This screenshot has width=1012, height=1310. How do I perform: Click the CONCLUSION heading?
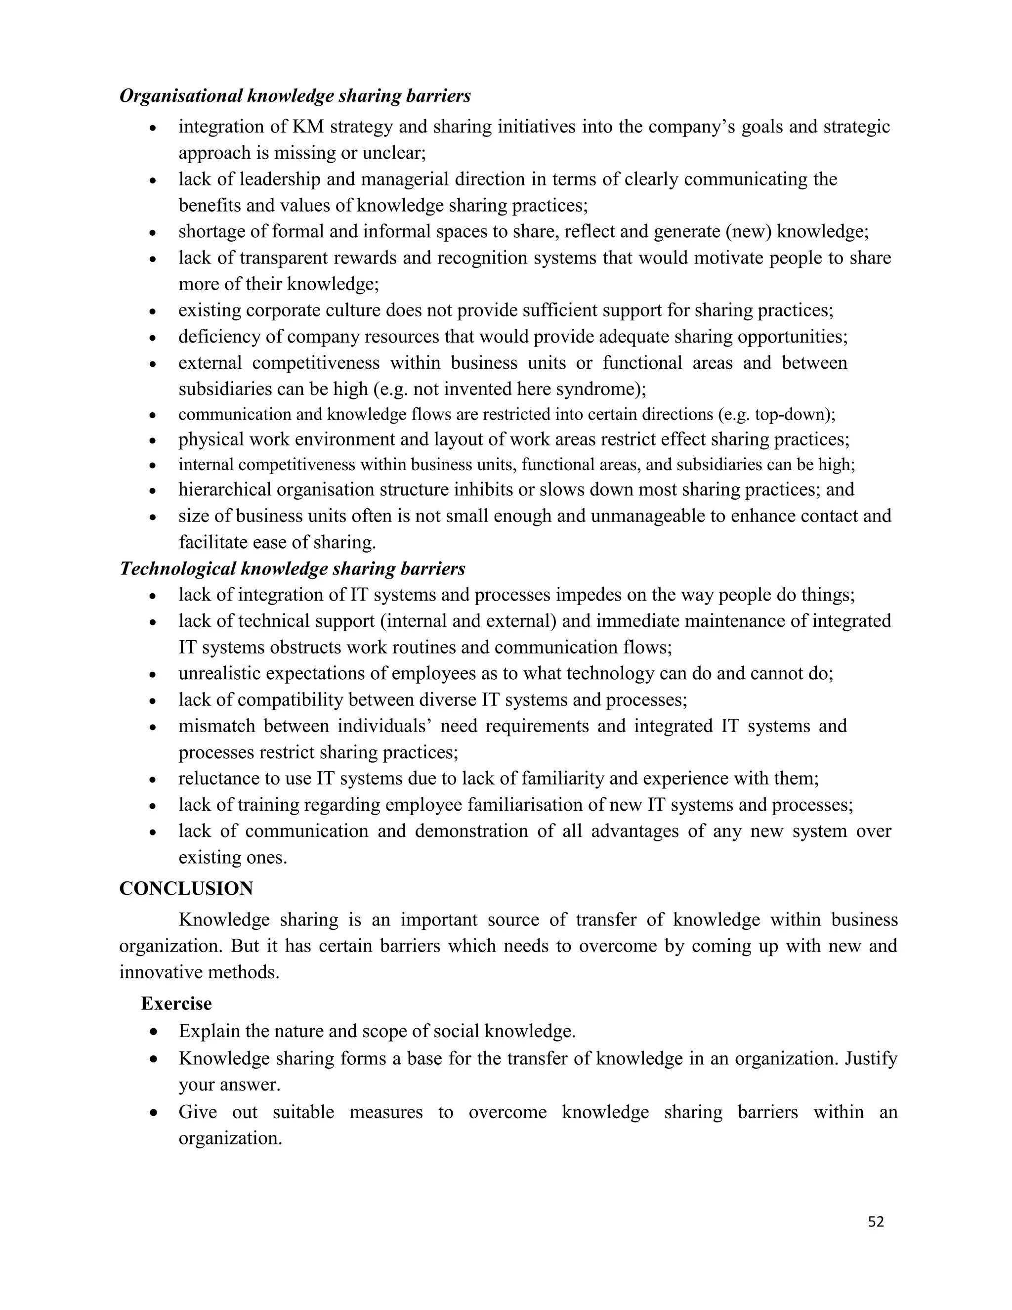186,888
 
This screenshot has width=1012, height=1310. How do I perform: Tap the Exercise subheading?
176,1004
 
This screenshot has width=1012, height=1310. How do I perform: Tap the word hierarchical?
225,489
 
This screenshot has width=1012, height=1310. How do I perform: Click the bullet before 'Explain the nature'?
154,1032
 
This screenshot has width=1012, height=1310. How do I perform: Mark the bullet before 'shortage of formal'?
154,233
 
